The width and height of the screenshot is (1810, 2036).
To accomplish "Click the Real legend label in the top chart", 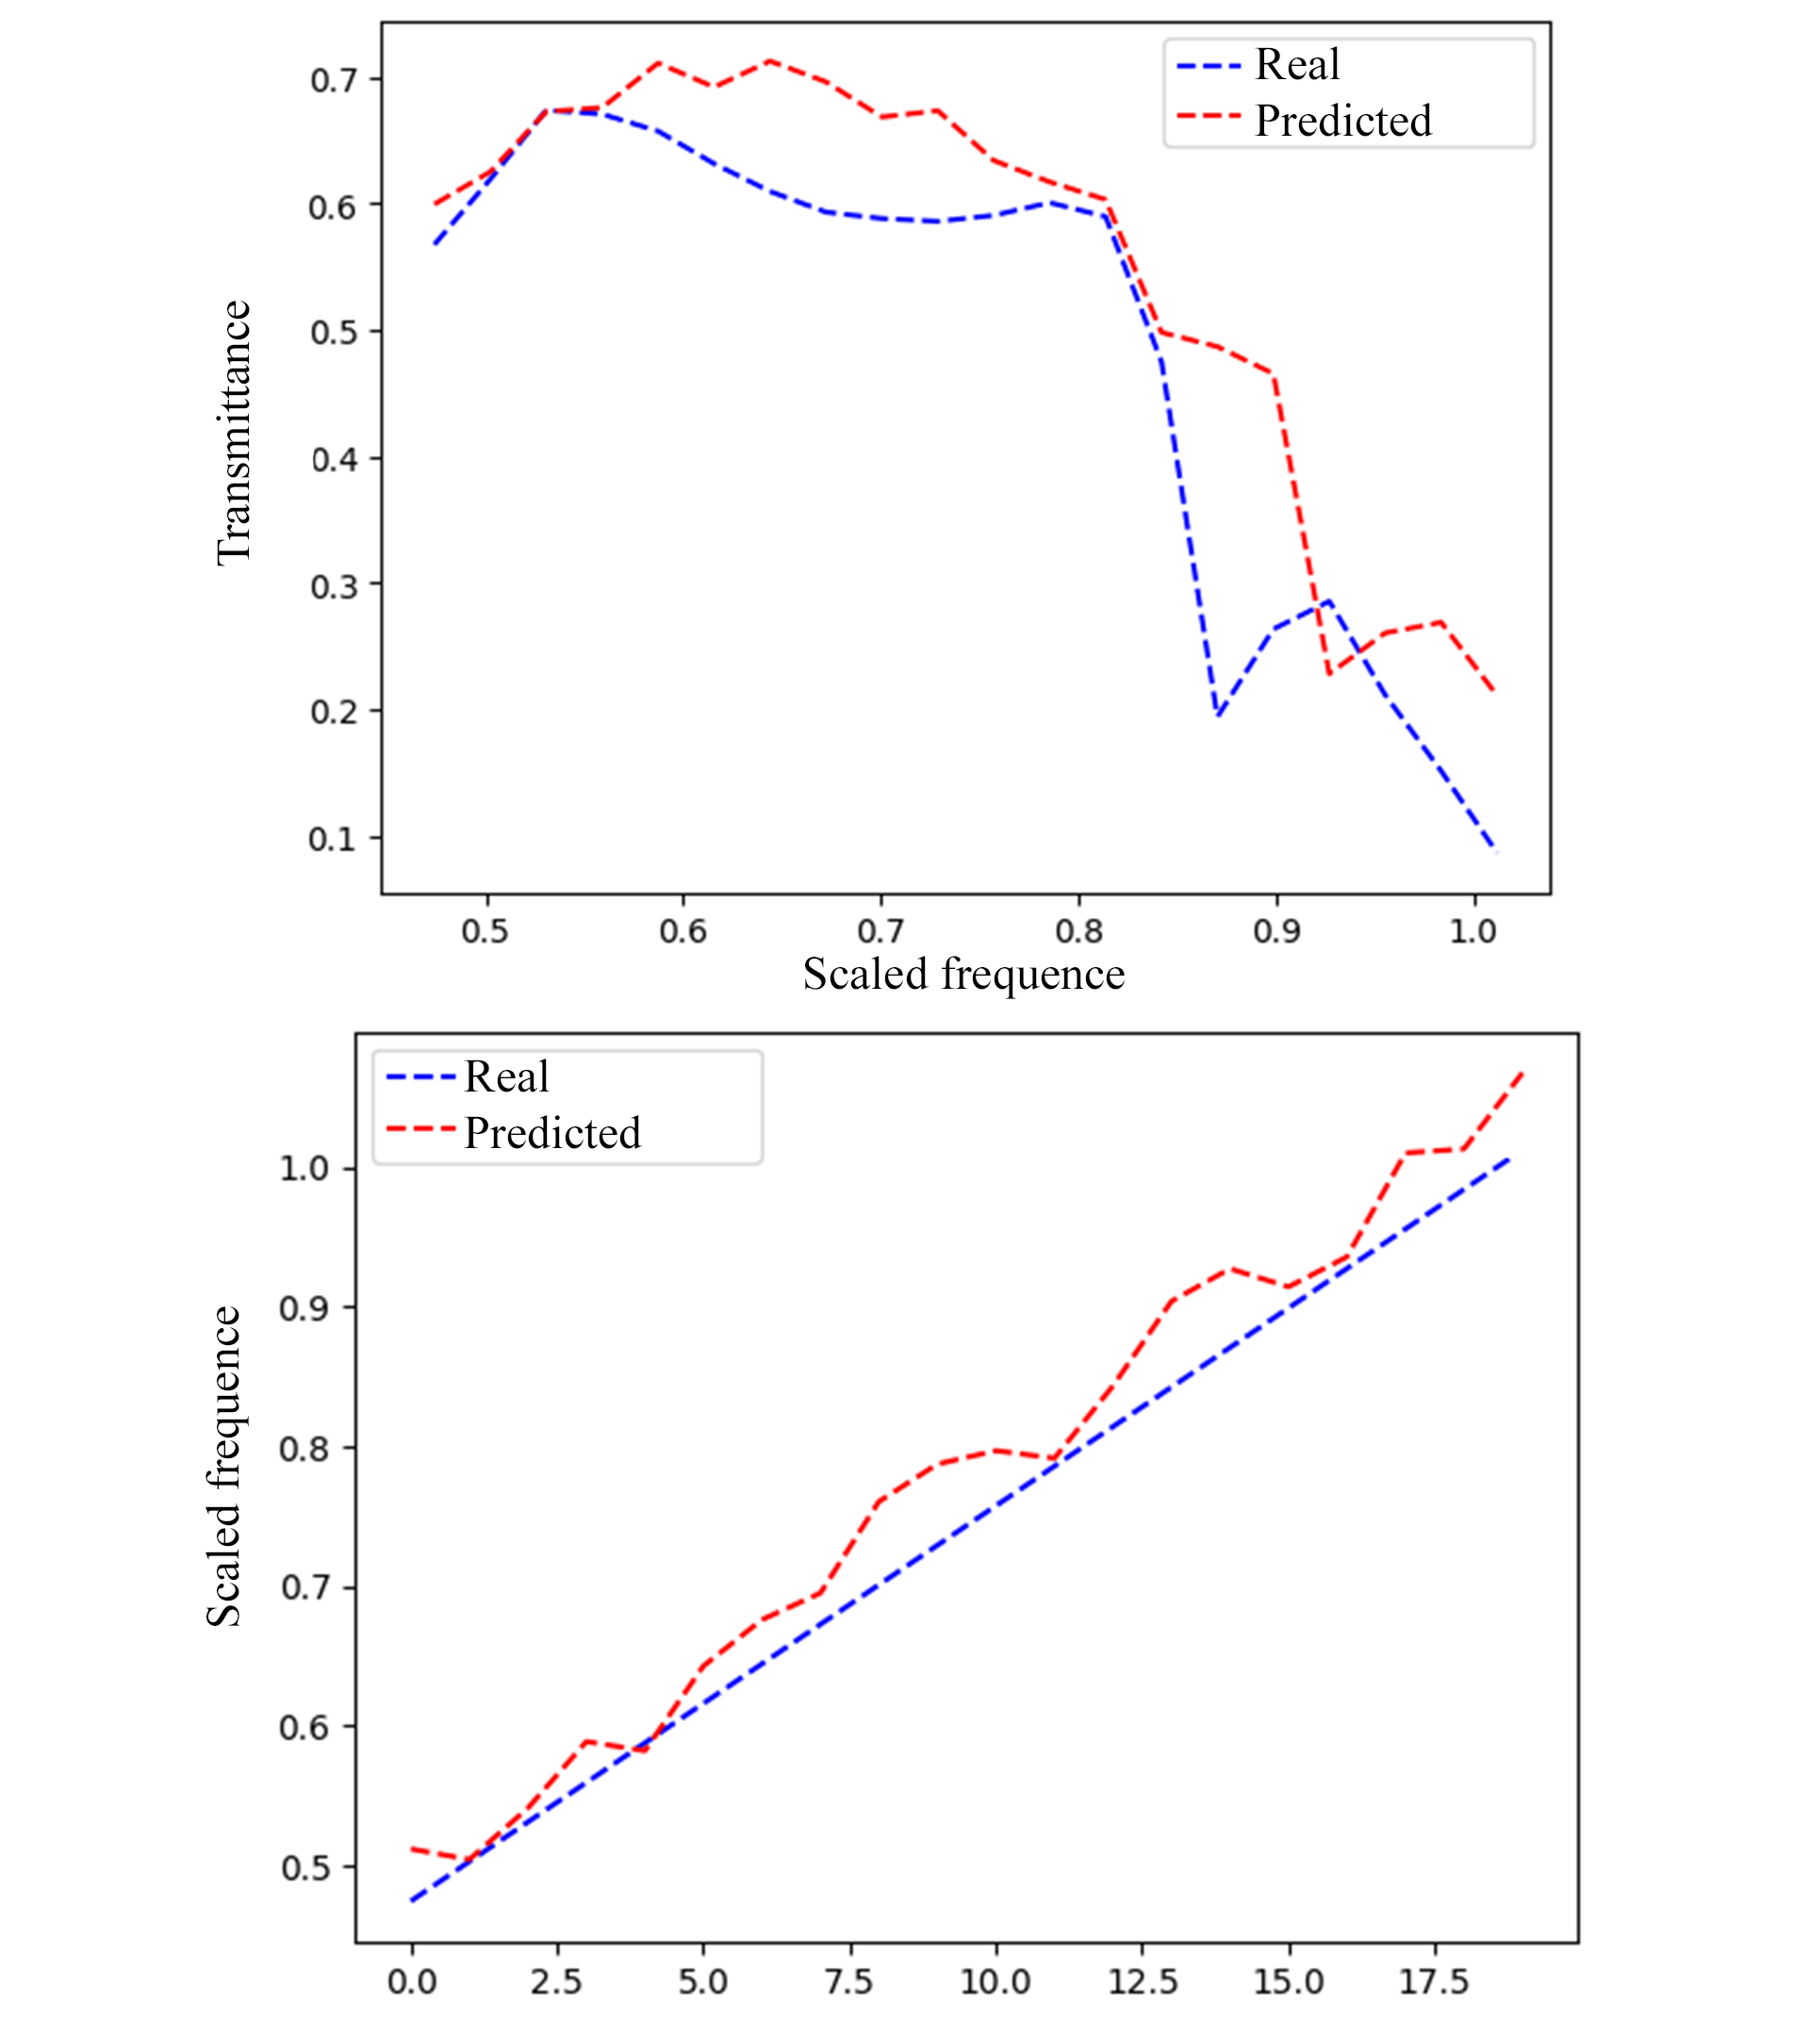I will pos(1296,66).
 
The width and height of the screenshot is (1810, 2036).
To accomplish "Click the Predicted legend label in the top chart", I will pos(1342,122).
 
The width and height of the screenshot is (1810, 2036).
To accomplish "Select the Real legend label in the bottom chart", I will pos(506,1076).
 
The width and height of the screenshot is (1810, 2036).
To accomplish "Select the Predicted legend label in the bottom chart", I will pos(551,1134).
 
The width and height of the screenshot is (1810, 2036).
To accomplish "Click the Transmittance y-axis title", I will pos(233,433).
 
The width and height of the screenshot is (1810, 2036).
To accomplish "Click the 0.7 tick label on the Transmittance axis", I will pos(333,80).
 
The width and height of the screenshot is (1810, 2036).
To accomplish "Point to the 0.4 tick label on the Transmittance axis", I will pos(333,459).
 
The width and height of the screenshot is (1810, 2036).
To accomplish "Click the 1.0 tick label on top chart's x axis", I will pos(1473,931).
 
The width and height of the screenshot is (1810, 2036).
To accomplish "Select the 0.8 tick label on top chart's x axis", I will pos(1078,931).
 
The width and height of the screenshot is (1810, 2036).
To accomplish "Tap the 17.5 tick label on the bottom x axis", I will pos(1434,1982).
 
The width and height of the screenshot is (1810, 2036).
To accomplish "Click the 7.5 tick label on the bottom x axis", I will pos(848,1982).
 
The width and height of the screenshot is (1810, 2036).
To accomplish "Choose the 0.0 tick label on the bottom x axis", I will pos(411,1982).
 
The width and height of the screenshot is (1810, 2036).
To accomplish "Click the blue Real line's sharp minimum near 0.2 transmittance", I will pos(1217,714).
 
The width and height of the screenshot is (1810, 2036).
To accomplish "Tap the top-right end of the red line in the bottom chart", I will pos(1522,1074).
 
